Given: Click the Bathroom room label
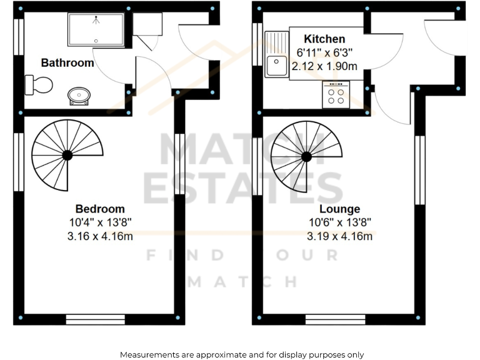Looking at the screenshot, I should tap(67, 62).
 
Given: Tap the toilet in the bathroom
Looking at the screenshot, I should tap(38, 84).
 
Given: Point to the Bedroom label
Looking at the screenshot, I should tap(100, 209).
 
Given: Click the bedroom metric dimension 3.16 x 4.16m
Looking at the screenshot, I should tap(100, 236).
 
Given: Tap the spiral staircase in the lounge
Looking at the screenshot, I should tap(306, 156).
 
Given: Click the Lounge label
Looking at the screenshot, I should tap(339, 209).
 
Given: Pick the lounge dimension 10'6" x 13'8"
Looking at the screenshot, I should tap(339, 222).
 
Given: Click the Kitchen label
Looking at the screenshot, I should tap(324, 39).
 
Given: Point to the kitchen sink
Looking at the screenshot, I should tap(276, 56).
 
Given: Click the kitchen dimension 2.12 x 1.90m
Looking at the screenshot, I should tap(324, 66).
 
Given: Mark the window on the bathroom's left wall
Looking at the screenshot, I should tap(19, 39).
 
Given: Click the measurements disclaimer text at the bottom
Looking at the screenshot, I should tap(241, 354).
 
